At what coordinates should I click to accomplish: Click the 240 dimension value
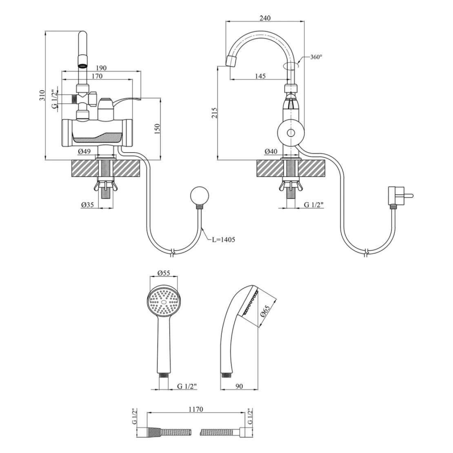(265, 18)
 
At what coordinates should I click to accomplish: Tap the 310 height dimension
(42, 95)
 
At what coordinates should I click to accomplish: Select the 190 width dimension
(101, 68)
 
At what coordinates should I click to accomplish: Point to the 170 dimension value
(97, 76)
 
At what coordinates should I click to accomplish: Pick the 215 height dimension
(214, 113)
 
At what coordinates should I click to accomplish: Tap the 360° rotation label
(316, 57)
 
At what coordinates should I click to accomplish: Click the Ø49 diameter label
(84, 151)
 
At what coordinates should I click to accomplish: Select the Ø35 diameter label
(87, 204)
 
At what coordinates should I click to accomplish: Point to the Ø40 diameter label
(271, 151)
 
